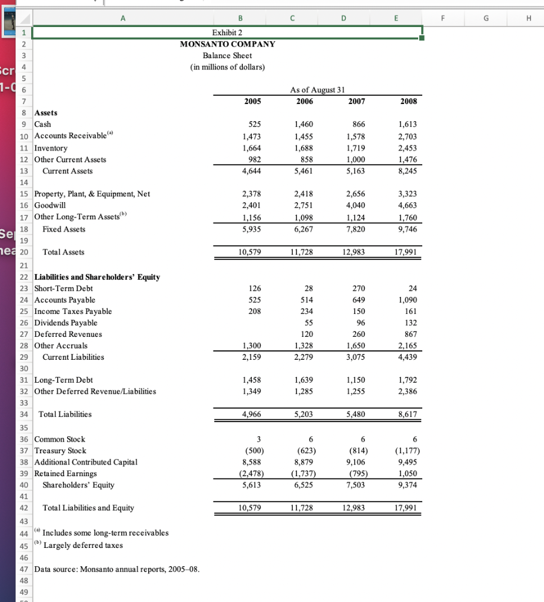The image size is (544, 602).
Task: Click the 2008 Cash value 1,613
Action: (408, 125)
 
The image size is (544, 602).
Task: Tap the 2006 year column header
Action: (303, 101)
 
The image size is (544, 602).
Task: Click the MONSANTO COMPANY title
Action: (228, 44)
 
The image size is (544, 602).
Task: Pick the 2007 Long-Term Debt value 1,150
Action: (356, 380)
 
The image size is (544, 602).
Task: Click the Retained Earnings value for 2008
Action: (408, 474)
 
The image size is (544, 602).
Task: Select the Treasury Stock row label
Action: (61, 451)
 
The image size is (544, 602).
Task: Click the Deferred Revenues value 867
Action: (410, 335)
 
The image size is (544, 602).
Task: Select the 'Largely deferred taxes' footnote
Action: (84, 545)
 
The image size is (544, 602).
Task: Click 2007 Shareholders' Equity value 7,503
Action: (356, 485)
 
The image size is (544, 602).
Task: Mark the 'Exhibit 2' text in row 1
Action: (228, 32)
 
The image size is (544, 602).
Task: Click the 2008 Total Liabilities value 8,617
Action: (408, 414)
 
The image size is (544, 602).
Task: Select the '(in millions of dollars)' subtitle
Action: (228, 67)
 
